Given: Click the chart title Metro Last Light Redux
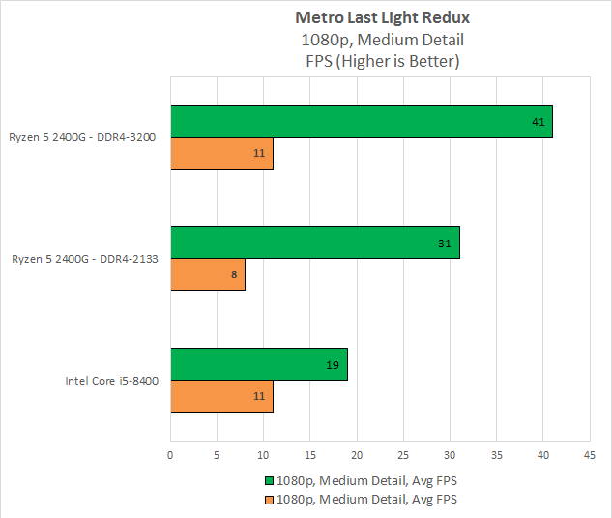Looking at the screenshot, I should pyautogui.click(x=382, y=18).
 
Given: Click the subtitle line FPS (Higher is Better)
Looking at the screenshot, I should pyautogui.click(x=382, y=61).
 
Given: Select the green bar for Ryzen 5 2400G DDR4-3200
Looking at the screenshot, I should pyautogui.click(x=362, y=122).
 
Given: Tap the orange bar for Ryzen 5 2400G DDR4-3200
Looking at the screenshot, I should pyautogui.click(x=221, y=154).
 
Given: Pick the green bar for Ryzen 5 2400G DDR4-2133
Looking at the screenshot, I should pyautogui.click(x=315, y=243).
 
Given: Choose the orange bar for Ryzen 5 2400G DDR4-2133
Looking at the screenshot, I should pyautogui.click(x=208, y=274).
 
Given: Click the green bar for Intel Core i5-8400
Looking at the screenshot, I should pyautogui.click(x=259, y=364).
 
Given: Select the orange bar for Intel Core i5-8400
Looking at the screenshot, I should pyautogui.click(x=221, y=396).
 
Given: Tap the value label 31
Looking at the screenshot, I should pyautogui.click(x=446, y=243).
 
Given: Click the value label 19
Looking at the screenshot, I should pyautogui.click(x=334, y=364).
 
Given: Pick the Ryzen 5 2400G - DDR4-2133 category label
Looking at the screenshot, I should pyautogui.click(x=85, y=259).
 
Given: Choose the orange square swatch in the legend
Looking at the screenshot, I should pyautogui.click(x=268, y=500).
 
